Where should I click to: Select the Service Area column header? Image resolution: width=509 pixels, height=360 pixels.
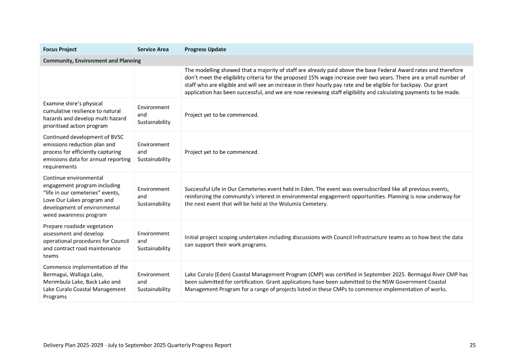(x=153, y=49)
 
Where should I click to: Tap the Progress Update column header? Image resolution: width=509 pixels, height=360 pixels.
(x=205, y=49)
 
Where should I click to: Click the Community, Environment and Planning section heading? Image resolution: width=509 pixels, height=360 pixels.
(x=92, y=60)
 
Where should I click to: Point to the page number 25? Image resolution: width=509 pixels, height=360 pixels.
(x=472, y=345)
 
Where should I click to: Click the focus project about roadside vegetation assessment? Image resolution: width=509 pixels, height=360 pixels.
(x=84, y=241)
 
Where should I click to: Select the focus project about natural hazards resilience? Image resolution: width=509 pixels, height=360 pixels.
(x=84, y=115)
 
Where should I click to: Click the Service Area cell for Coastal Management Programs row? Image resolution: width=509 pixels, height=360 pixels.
(x=154, y=282)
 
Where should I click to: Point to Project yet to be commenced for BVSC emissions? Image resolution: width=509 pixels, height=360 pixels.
(x=221, y=152)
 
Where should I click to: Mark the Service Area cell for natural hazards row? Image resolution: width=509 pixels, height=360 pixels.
(x=154, y=115)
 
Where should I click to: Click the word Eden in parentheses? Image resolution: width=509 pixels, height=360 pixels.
(x=225, y=274)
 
